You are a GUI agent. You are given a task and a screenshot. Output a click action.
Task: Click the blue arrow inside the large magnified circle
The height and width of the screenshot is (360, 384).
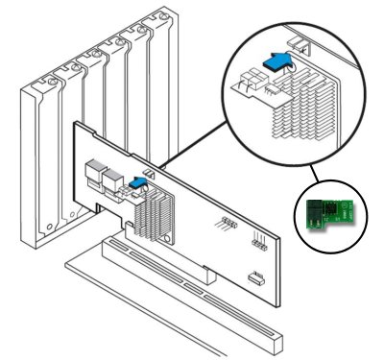point(277,60)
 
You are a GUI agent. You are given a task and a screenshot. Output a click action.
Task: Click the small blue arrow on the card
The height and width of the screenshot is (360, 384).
point(138,180)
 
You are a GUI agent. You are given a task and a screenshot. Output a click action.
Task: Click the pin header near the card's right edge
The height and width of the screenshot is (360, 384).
point(257,241)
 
